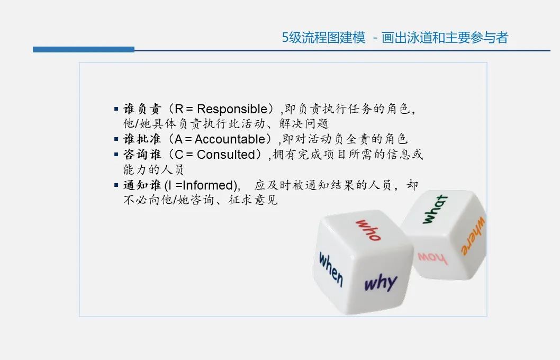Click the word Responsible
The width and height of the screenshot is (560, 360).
tap(232, 109)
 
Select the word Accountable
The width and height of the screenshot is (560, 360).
tap(230, 139)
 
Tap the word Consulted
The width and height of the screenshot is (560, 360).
tap(225, 155)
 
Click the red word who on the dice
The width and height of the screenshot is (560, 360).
tap(368, 230)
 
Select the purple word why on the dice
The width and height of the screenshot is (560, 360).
tap(381, 283)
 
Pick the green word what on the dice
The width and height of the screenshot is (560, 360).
tap(435, 209)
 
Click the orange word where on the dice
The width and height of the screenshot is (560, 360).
tap(473, 236)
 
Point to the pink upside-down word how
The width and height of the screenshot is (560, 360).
tap(432, 258)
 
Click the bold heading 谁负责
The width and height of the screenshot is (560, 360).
tap(142, 109)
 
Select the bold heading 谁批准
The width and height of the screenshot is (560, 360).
tap(142, 139)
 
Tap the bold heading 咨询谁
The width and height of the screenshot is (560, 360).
tap(142, 155)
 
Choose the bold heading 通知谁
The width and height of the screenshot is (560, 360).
tap(142, 185)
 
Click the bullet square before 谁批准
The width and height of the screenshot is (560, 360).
tap(116, 139)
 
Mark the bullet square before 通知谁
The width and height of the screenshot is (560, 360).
tap(116, 185)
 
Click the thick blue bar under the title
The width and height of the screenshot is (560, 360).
tap(84, 50)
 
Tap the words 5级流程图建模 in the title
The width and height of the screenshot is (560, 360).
tap(323, 38)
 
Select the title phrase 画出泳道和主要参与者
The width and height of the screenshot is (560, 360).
tap(445, 38)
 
